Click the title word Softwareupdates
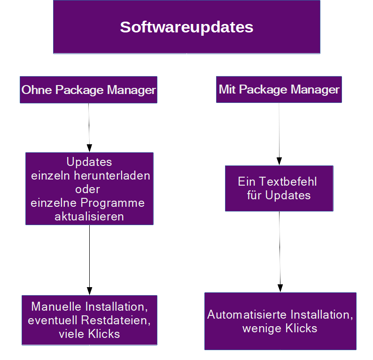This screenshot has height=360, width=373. [x=186, y=27]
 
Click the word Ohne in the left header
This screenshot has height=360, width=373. [x=37, y=90]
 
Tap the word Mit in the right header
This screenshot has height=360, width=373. [x=227, y=89]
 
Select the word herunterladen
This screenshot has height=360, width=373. [x=112, y=176]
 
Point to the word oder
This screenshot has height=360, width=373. [x=87, y=189]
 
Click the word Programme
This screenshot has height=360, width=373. [x=113, y=203]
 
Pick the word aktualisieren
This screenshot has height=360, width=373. [x=89, y=217]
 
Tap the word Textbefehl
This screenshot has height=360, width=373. [x=288, y=181]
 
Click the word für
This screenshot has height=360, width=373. [x=254, y=195]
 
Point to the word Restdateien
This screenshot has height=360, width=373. [x=116, y=320]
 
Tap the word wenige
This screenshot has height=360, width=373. [x=262, y=329]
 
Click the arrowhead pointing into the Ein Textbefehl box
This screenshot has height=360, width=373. [x=279, y=161]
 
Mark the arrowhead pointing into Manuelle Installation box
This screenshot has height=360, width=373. [x=89, y=291]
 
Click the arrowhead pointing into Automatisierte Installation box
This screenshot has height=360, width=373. [x=280, y=288]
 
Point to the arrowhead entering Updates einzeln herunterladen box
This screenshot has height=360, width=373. [x=89, y=148]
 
